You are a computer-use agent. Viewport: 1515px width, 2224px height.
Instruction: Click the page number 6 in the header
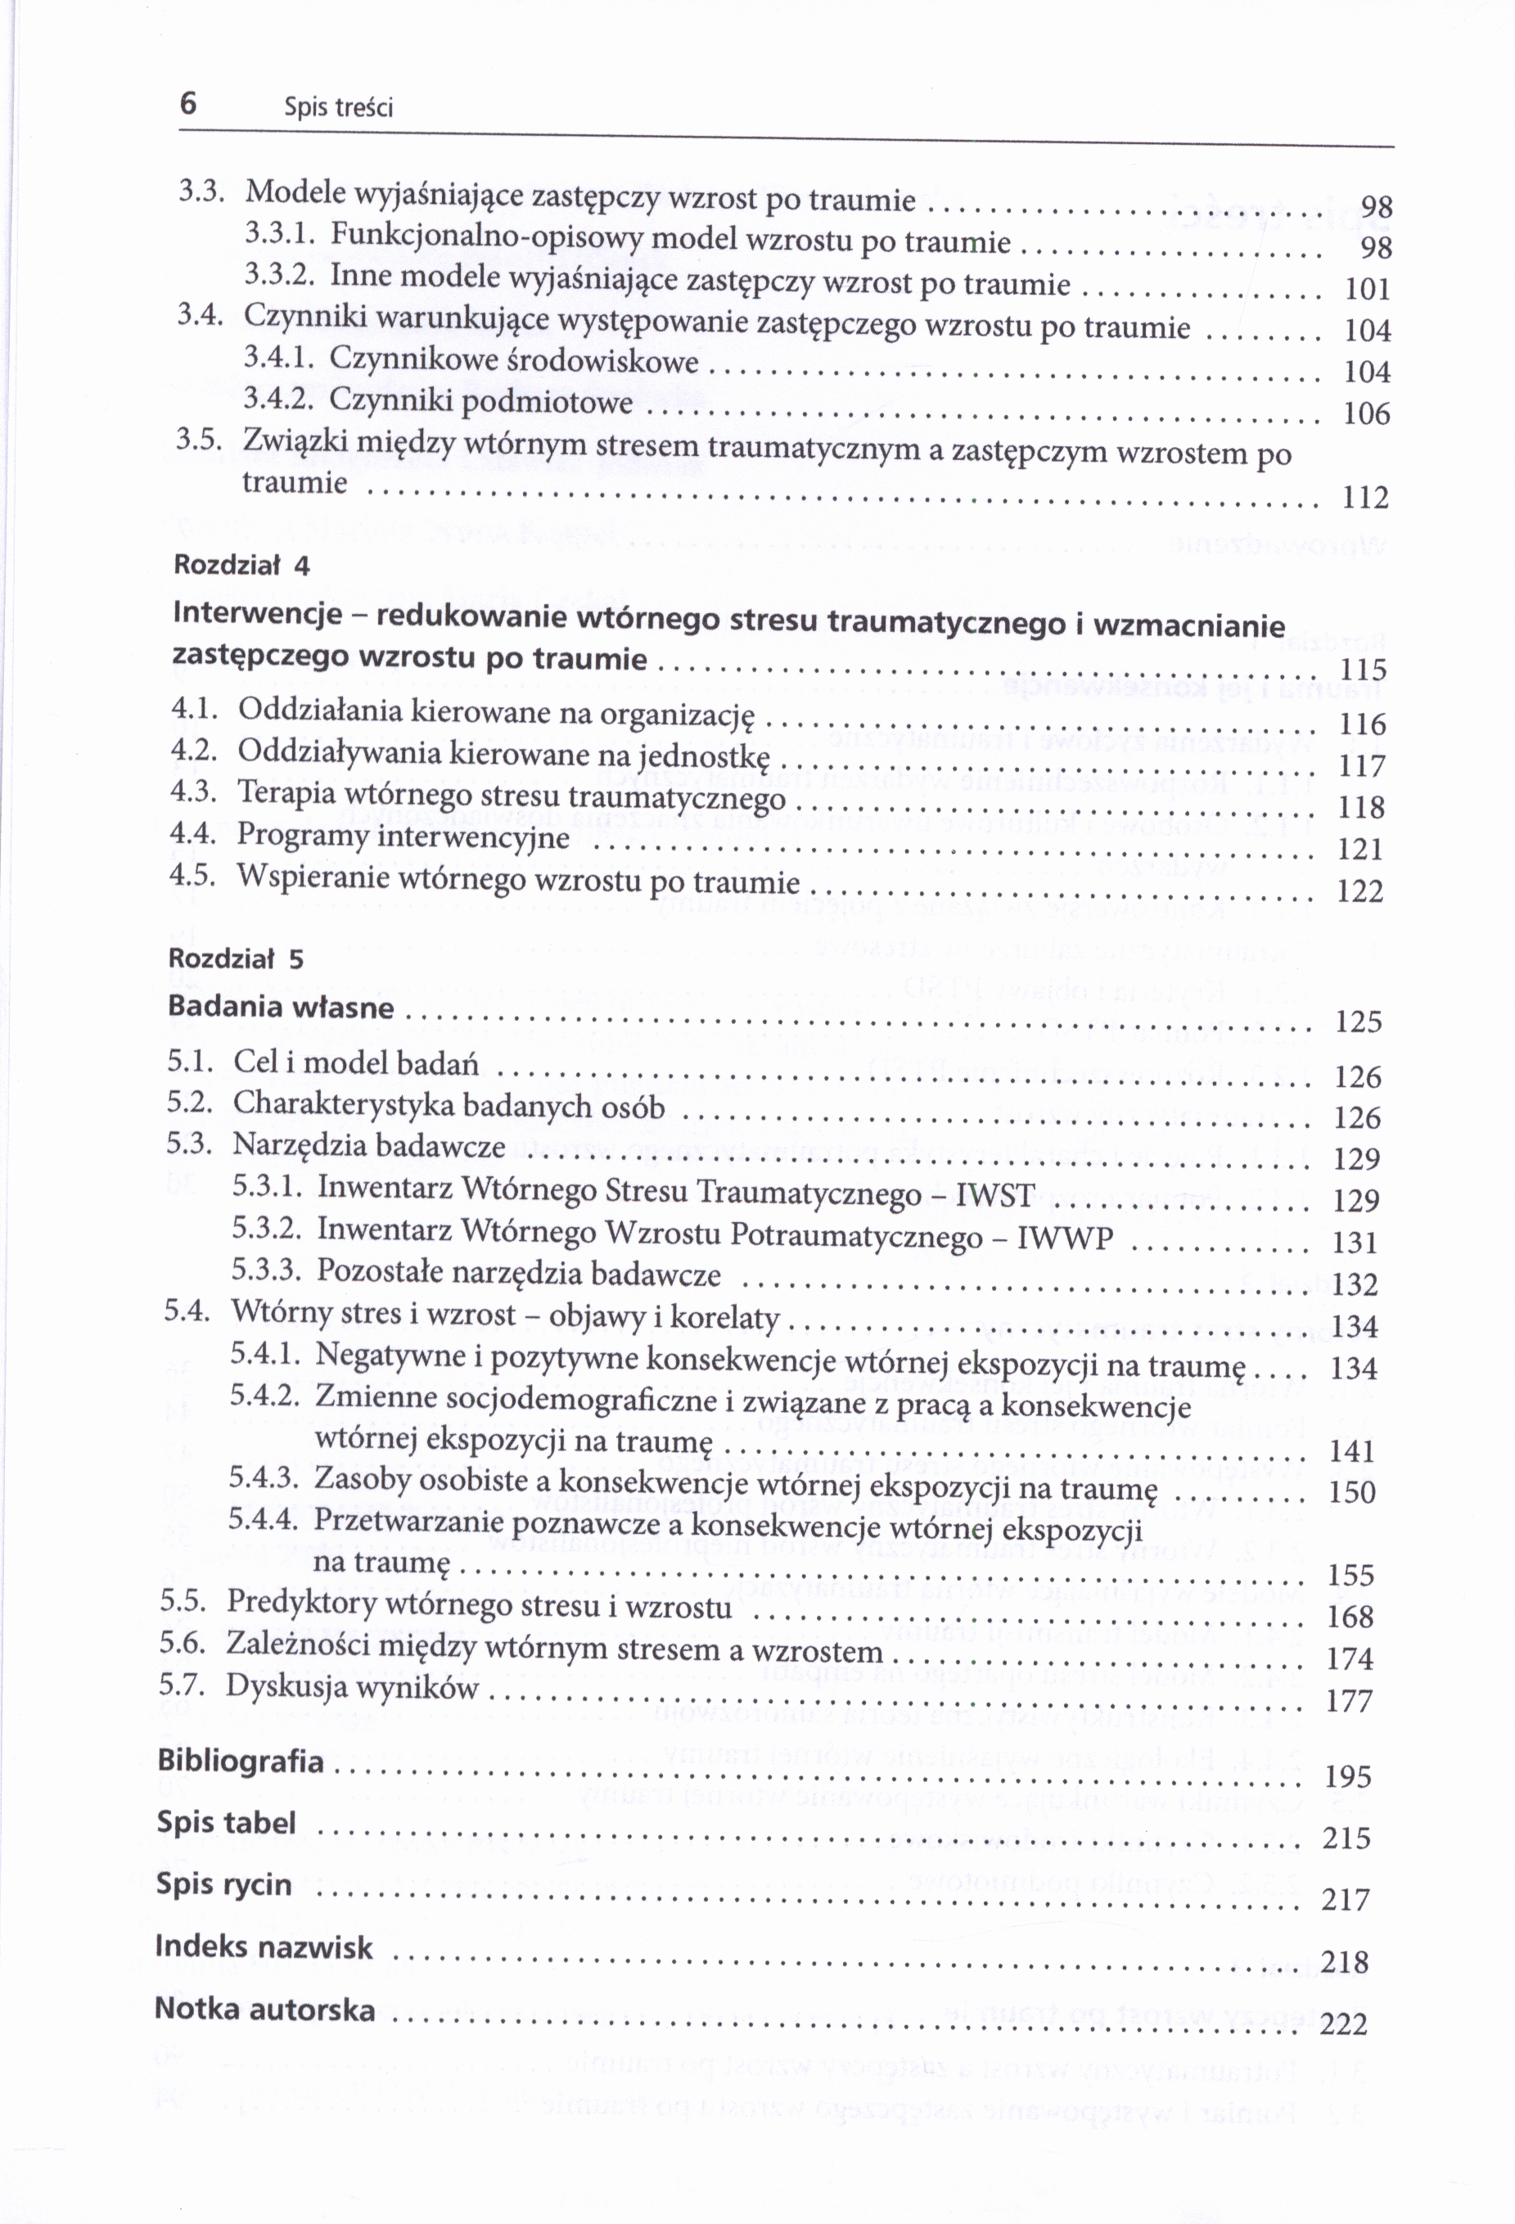tap(187, 102)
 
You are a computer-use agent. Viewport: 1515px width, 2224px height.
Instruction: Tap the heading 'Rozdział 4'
tap(241, 565)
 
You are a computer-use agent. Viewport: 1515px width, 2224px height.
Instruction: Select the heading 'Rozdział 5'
tap(236, 958)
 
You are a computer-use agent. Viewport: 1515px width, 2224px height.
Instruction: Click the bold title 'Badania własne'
tap(281, 1007)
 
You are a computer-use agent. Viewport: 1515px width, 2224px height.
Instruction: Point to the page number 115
tap(1363, 669)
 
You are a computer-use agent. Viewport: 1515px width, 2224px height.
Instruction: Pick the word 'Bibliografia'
tap(240, 1761)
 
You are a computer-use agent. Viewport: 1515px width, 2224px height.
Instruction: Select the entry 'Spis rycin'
tap(224, 1884)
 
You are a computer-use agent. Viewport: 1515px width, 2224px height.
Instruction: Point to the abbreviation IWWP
tap(1064, 1238)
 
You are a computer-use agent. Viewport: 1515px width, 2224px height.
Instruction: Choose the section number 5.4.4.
tap(264, 1518)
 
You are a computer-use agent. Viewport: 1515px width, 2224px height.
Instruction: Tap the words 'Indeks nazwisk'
tap(264, 1947)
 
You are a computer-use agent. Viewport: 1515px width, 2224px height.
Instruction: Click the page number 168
tap(1350, 1617)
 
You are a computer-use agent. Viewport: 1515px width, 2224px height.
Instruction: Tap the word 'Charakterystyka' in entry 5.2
tap(344, 1104)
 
